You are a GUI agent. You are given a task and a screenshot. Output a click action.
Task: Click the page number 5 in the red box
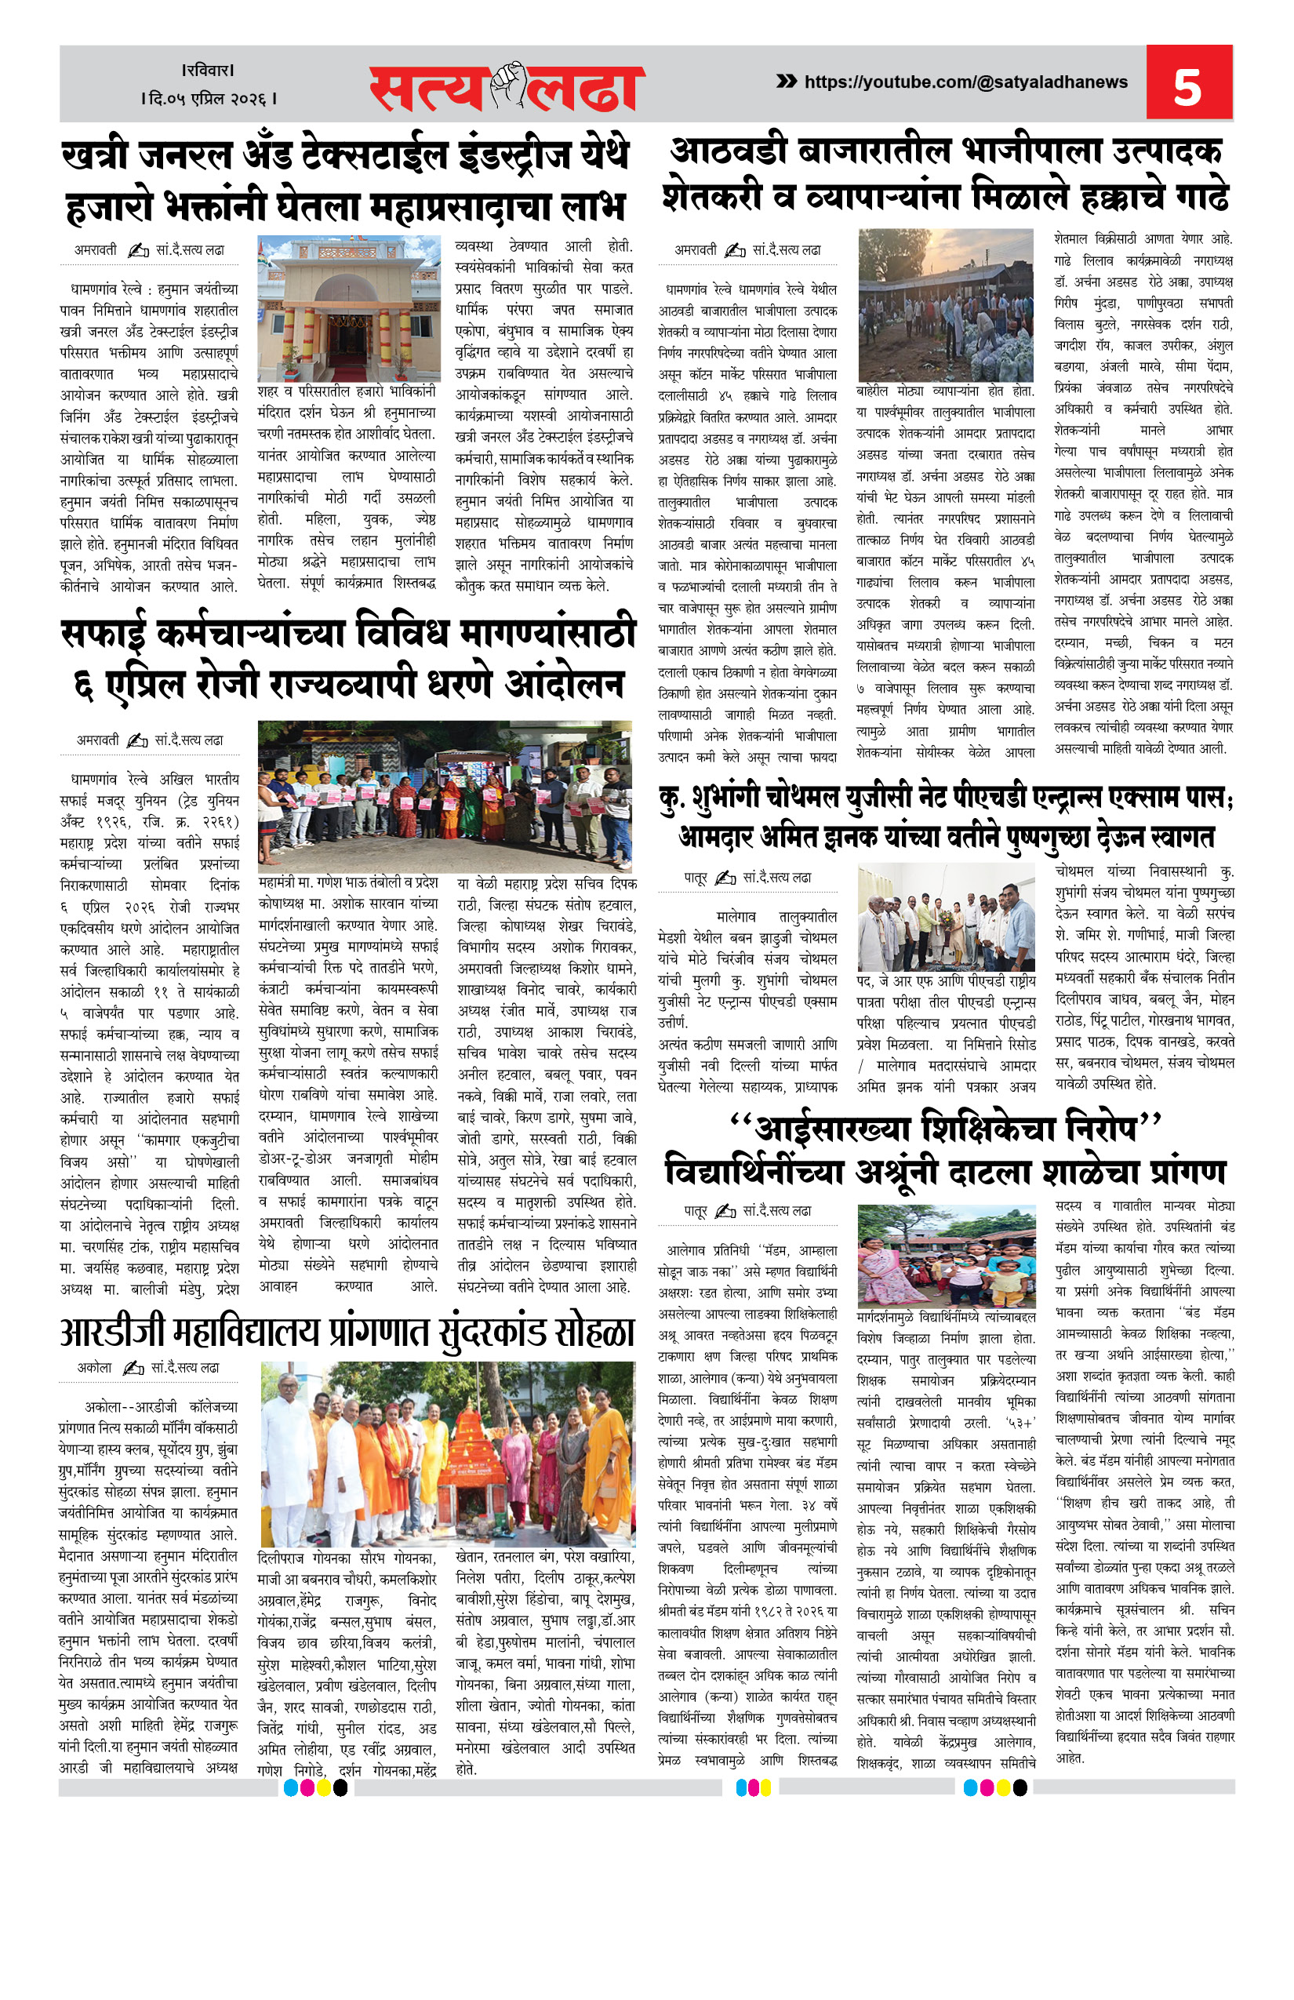pyautogui.click(x=1187, y=85)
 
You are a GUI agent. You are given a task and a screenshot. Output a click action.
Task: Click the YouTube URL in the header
pyautogui.click(x=965, y=82)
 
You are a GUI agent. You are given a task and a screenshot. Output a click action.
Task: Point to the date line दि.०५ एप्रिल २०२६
pyautogui.click(x=209, y=99)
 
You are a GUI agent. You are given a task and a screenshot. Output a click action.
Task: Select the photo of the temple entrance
pyautogui.click(x=349, y=308)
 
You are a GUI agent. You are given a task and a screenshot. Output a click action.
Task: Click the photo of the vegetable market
pyautogui.click(x=945, y=305)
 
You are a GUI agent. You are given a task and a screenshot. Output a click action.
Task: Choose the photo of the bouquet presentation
pyautogui.click(x=946, y=918)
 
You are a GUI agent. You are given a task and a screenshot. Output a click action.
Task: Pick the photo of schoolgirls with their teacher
pyautogui.click(x=946, y=1256)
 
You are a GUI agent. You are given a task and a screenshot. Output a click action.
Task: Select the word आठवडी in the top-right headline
pyautogui.click(x=728, y=152)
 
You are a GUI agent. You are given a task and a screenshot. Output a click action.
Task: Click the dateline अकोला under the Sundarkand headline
pyautogui.click(x=94, y=1367)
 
